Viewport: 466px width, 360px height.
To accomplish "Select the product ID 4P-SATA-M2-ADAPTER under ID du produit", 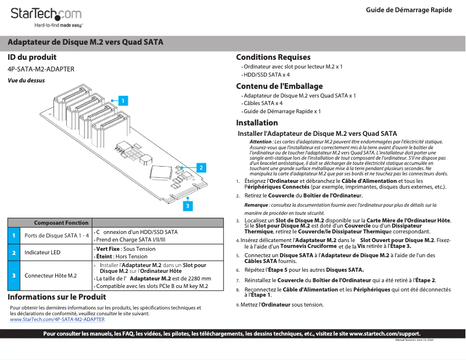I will pos(41,69).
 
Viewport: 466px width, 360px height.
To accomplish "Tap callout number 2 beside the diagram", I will pos(201,167).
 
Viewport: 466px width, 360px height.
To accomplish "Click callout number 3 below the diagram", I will pos(188,206).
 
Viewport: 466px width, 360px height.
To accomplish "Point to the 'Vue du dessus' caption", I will pos(26,81).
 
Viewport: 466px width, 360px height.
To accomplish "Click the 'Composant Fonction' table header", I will pos(61,223).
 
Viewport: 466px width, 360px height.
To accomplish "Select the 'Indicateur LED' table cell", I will pos(42,253).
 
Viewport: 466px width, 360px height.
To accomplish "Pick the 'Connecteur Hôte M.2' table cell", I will pos(51,275).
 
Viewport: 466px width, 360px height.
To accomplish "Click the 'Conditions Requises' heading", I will pos(273,57).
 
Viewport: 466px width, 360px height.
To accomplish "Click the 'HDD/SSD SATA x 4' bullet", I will pos(267,75).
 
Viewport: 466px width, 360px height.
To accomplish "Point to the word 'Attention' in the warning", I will pos(260,142).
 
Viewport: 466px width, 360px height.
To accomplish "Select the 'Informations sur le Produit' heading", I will pos(56,297).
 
